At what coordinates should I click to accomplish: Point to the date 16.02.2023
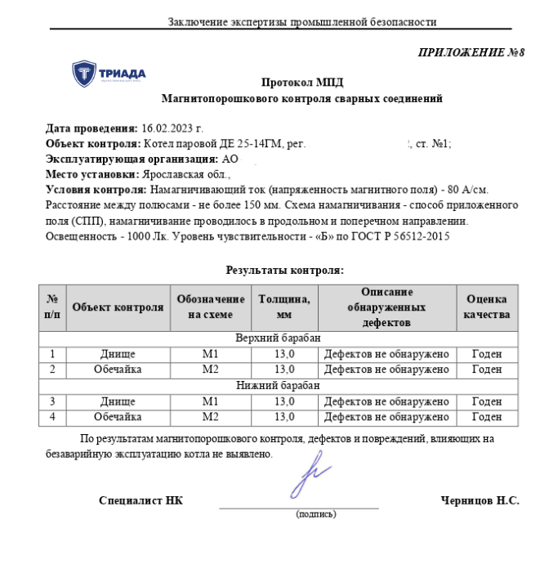point(172,129)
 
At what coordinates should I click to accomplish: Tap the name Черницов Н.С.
point(480,500)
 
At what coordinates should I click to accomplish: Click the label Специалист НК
point(141,500)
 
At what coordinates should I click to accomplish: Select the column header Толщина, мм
point(283,307)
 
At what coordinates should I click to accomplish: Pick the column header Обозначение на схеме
point(211,307)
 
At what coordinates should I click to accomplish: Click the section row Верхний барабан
point(278,338)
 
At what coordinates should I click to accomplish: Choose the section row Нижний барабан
point(278,385)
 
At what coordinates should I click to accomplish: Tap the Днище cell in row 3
point(118,401)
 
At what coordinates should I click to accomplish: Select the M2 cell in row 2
point(211,370)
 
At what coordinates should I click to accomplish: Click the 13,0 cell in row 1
point(283,354)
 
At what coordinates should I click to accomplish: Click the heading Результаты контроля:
point(283,270)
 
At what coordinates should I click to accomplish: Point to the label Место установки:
point(93,174)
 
